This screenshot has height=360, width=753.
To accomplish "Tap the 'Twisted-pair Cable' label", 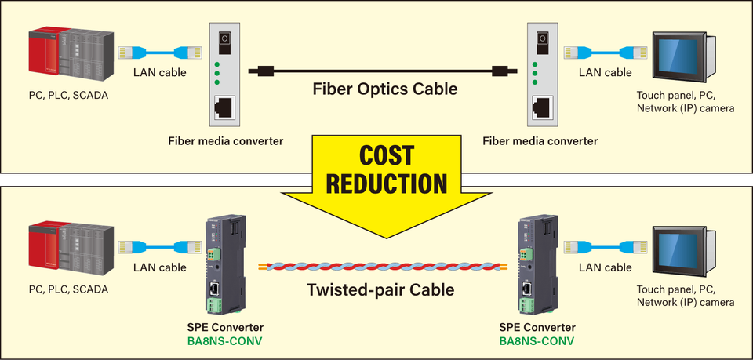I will pos(380,289).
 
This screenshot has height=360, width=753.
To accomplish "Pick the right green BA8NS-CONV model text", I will pos(537,341).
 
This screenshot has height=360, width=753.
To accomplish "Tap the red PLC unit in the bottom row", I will pos(44,253).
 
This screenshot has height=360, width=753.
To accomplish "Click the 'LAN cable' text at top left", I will pos(160,72).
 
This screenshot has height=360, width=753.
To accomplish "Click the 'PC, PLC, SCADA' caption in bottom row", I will pos(68,289).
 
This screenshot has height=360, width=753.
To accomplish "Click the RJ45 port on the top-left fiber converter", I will pos(226,106).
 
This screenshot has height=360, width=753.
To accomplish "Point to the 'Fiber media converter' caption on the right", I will pos(540,141).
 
